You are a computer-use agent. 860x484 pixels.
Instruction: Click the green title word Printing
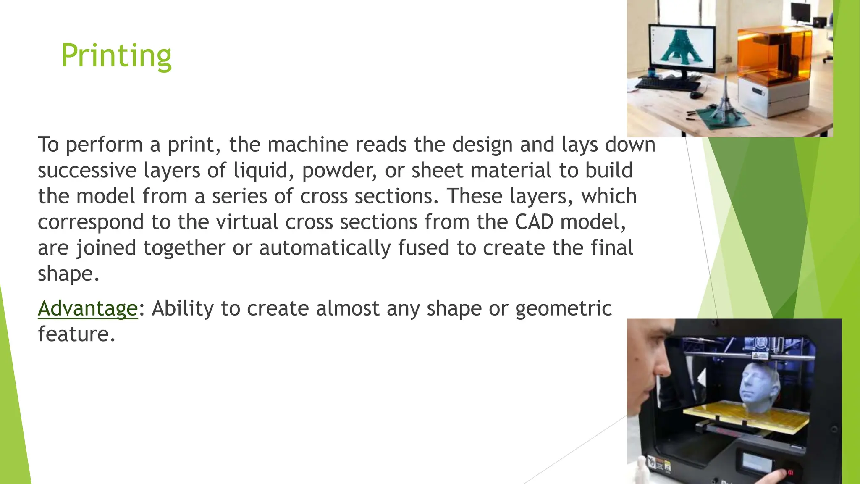pos(116,55)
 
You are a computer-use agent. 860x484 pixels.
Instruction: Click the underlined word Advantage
pos(88,308)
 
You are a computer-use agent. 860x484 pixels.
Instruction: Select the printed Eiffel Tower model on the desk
pos(726,101)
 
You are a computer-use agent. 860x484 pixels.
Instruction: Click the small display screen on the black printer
pos(757,462)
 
